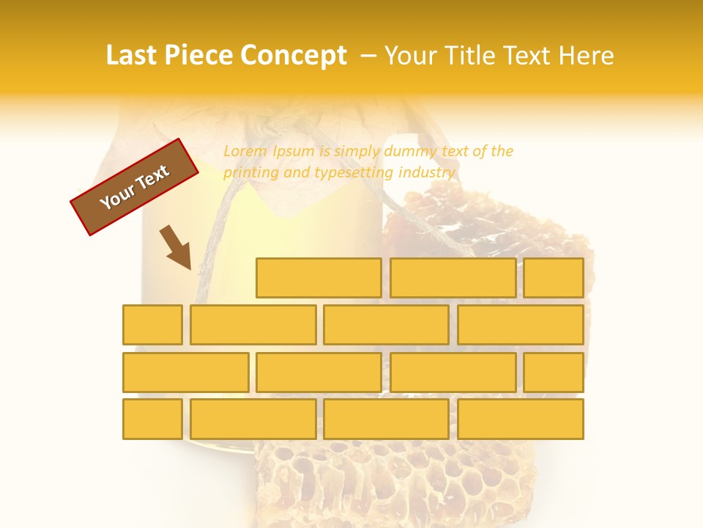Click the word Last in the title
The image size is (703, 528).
pyautogui.click(x=133, y=56)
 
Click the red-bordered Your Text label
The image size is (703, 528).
pyautogui.click(x=135, y=187)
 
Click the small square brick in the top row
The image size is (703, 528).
pyautogui.click(x=554, y=278)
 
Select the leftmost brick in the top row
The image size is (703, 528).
pyautogui.click(x=319, y=278)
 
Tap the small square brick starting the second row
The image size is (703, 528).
pyautogui.click(x=152, y=325)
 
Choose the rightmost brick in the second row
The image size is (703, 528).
pyautogui.click(x=521, y=325)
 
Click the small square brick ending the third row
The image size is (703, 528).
pyautogui.click(x=554, y=373)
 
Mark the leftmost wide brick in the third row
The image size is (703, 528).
pyautogui.click(x=186, y=373)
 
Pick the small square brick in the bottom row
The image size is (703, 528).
pyautogui.click(x=152, y=419)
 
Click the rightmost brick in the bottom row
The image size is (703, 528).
pyautogui.click(x=521, y=419)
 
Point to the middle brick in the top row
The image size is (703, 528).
pyautogui.click(x=453, y=278)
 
